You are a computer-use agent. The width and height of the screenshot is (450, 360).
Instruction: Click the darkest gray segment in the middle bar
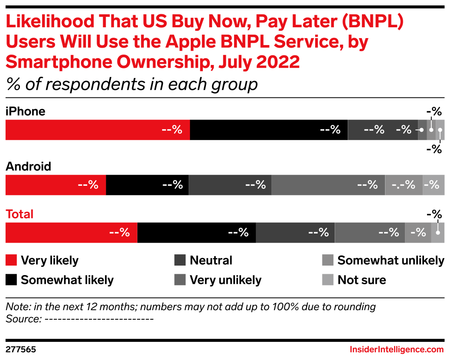click(230, 185)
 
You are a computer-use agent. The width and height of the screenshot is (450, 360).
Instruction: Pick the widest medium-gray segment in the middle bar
click(328, 185)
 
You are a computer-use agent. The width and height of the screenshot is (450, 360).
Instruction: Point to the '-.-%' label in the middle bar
click(404, 185)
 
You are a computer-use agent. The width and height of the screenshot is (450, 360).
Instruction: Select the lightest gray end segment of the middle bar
click(434, 185)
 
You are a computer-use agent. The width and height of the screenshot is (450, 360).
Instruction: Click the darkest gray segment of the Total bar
click(295, 233)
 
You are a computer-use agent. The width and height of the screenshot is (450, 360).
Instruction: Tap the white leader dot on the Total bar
click(438, 233)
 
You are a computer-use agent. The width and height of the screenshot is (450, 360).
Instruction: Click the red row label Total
click(20, 214)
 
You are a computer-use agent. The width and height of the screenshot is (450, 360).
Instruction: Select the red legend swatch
click(11, 260)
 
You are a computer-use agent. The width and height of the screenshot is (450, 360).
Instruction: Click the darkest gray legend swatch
click(180, 260)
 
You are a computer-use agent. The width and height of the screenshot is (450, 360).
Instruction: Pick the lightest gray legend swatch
click(328, 280)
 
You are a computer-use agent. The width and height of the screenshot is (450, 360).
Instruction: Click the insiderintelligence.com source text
click(397, 349)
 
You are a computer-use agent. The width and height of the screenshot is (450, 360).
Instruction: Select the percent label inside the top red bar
click(172, 130)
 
